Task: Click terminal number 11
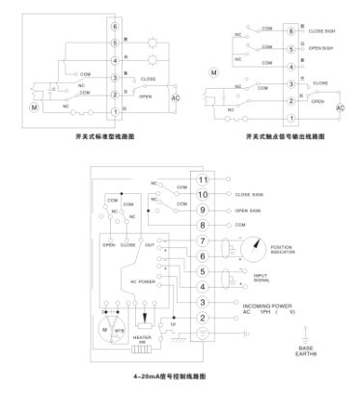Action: (x=204, y=180)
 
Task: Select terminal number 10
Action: (x=204, y=194)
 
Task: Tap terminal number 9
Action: (x=204, y=210)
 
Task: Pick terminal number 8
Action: (x=204, y=225)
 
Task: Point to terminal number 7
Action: (x=204, y=240)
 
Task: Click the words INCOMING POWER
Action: (x=256, y=303)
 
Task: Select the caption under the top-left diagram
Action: (x=95, y=138)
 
